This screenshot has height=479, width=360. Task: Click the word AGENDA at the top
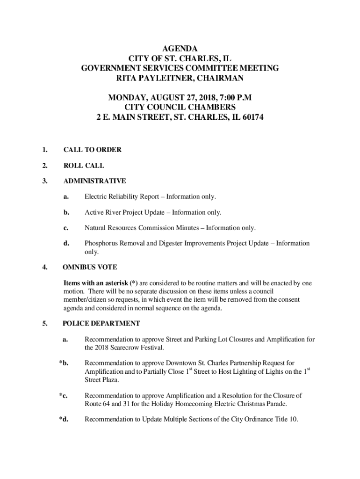pos(180,49)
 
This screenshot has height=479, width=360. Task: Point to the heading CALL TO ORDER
pos(93,150)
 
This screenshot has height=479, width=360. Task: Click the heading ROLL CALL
pos(84,166)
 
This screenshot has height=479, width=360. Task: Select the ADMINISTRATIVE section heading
pos(94,181)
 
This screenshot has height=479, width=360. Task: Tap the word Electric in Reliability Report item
pos(95,197)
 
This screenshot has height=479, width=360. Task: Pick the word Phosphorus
pos(101,243)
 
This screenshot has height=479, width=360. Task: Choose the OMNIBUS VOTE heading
pos(90,268)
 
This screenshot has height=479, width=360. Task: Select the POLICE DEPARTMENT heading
pos(101,323)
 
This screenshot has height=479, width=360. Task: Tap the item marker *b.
pos(64,363)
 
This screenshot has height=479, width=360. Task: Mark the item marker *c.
pos(64,395)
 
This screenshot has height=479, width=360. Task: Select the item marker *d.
pos(64,419)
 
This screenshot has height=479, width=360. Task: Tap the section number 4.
pos(44,268)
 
